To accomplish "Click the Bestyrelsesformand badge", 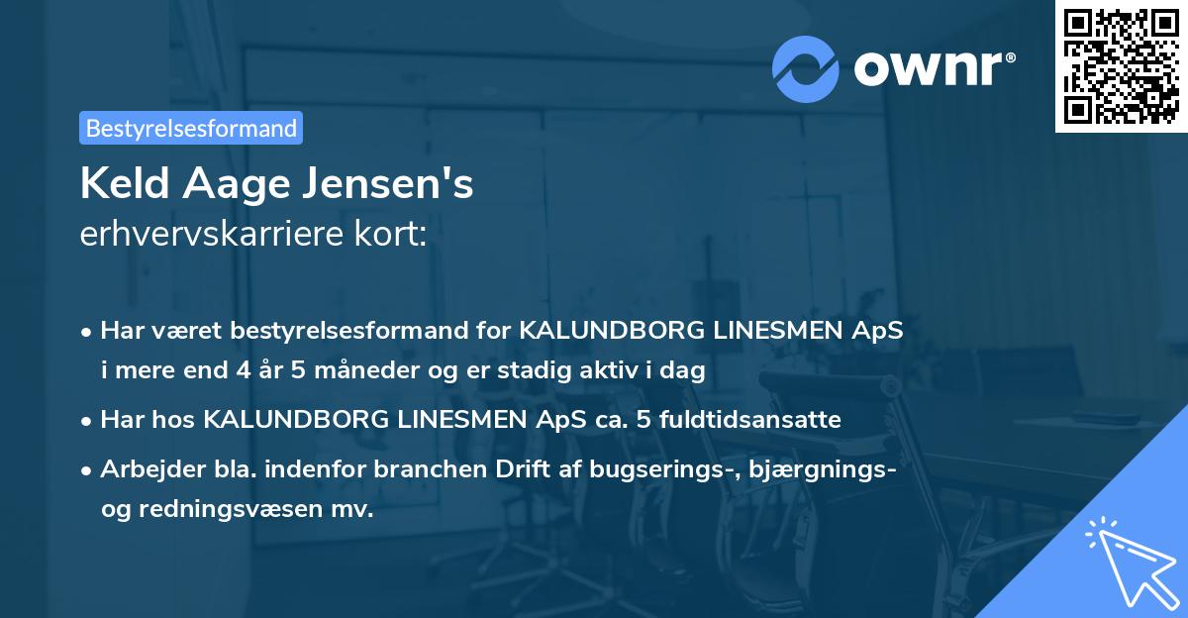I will (191, 128).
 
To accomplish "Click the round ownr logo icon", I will (806, 67).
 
